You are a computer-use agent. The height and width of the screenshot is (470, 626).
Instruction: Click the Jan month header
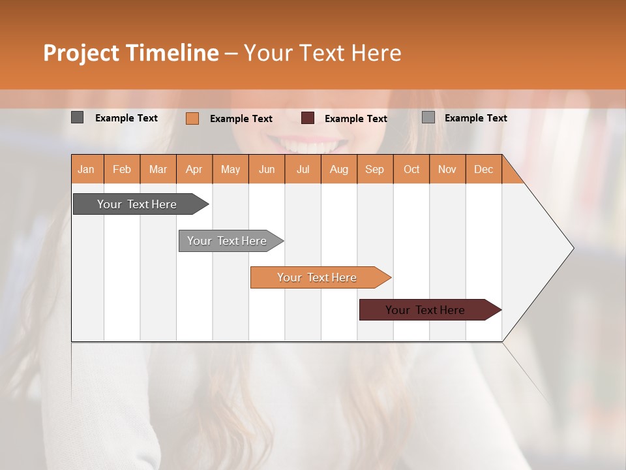(87, 169)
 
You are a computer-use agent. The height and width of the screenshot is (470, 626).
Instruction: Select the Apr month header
(194, 169)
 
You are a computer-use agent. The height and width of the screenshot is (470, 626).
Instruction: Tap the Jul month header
(303, 169)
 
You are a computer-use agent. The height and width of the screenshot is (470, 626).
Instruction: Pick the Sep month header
(374, 169)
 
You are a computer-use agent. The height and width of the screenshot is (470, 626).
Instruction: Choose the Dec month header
(483, 169)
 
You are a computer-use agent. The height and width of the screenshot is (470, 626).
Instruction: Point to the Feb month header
(122, 169)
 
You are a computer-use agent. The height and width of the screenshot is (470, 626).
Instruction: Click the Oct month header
(411, 169)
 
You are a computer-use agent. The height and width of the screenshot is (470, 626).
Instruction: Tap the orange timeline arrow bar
(318, 277)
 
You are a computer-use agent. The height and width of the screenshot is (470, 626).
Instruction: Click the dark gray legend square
(77, 117)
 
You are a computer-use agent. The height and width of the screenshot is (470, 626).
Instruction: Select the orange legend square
(192, 118)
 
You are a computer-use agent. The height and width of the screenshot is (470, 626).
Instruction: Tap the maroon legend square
(308, 118)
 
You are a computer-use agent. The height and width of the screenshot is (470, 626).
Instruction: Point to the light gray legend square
(428, 117)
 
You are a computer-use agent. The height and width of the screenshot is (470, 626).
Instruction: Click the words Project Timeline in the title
(130, 53)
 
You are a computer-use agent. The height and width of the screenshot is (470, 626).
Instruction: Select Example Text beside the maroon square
(356, 119)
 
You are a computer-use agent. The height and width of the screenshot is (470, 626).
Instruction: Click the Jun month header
(267, 169)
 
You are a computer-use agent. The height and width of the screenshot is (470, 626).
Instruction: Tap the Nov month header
(447, 169)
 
